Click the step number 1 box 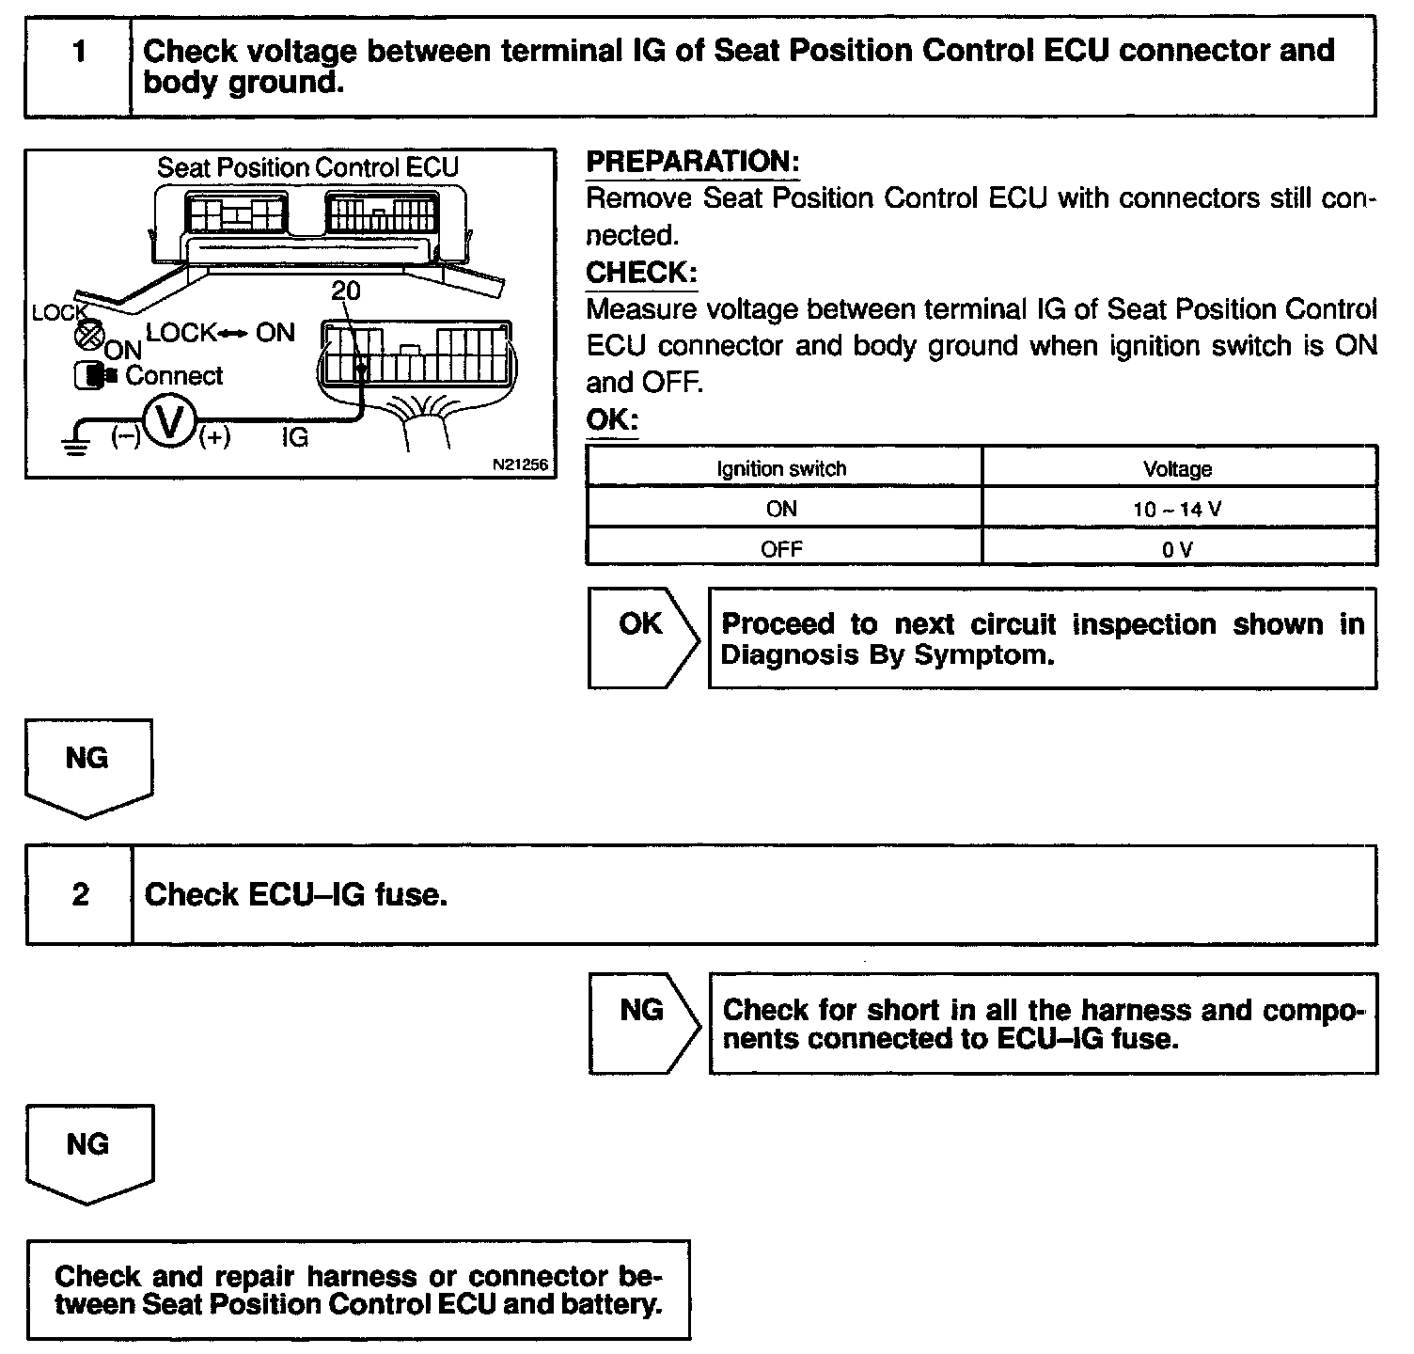coord(79,66)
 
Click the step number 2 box coord(81,894)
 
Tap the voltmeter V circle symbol coord(169,421)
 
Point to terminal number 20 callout coord(345,291)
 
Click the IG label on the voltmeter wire coord(294,438)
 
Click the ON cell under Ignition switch coord(781,510)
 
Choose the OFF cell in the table coord(781,549)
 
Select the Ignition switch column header coord(781,468)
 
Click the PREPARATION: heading coord(692,162)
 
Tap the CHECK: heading coord(641,274)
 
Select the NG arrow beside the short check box coord(642,1021)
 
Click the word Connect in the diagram coord(174,376)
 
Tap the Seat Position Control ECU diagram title coord(307,167)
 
